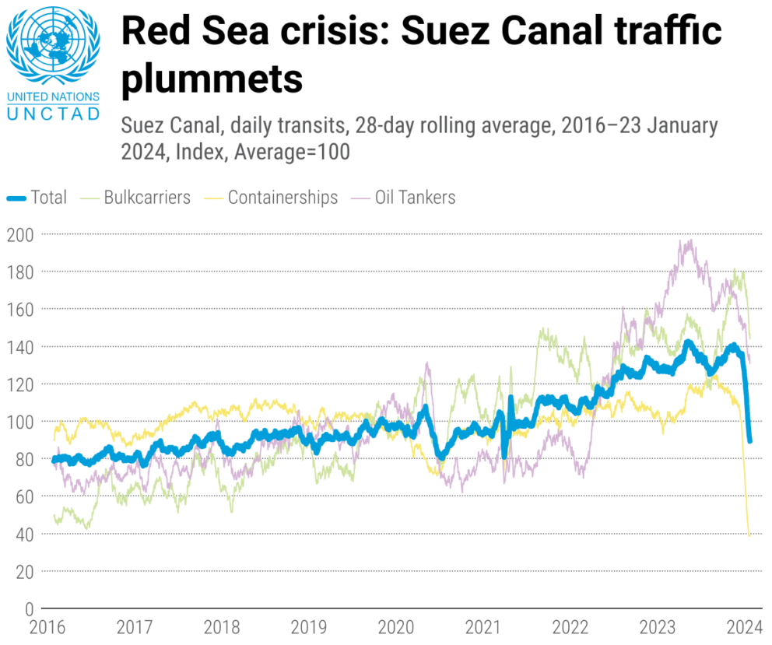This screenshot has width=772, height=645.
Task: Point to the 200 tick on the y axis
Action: [x=23, y=234]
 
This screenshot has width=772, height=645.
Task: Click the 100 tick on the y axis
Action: [x=23, y=422]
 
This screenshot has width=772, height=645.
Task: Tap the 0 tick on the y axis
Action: [x=30, y=609]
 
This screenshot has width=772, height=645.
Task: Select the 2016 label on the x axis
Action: [x=47, y=627]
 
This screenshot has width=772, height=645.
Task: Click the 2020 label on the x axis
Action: [x=396, y=627]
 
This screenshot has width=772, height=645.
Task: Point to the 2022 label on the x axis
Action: [x=570, y=627]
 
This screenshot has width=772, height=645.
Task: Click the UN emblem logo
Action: [x=52, y=48]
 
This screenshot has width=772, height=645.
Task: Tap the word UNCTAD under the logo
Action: [x=52, y=114]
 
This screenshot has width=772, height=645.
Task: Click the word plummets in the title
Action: [x=212, y=78]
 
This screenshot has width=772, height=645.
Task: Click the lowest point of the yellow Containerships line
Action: [x=749, y=536]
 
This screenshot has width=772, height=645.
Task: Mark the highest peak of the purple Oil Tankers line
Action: [x=688, y=240]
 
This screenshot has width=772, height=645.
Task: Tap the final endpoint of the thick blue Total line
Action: [x=749, y=440]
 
